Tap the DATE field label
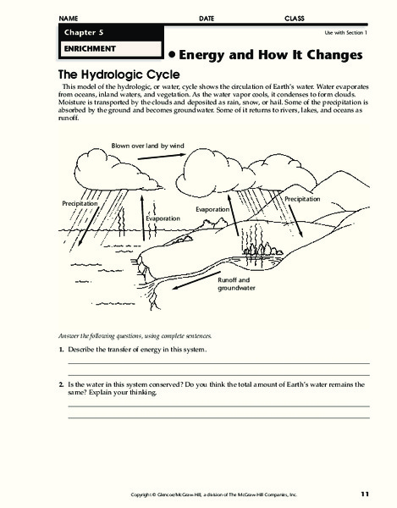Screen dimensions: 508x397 207,18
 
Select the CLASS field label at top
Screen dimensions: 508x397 294,18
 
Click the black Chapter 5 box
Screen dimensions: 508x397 107,32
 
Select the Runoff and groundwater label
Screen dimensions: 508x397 234,284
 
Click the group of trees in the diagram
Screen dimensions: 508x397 255,246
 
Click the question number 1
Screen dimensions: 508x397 61,349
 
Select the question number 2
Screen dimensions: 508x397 61,384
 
